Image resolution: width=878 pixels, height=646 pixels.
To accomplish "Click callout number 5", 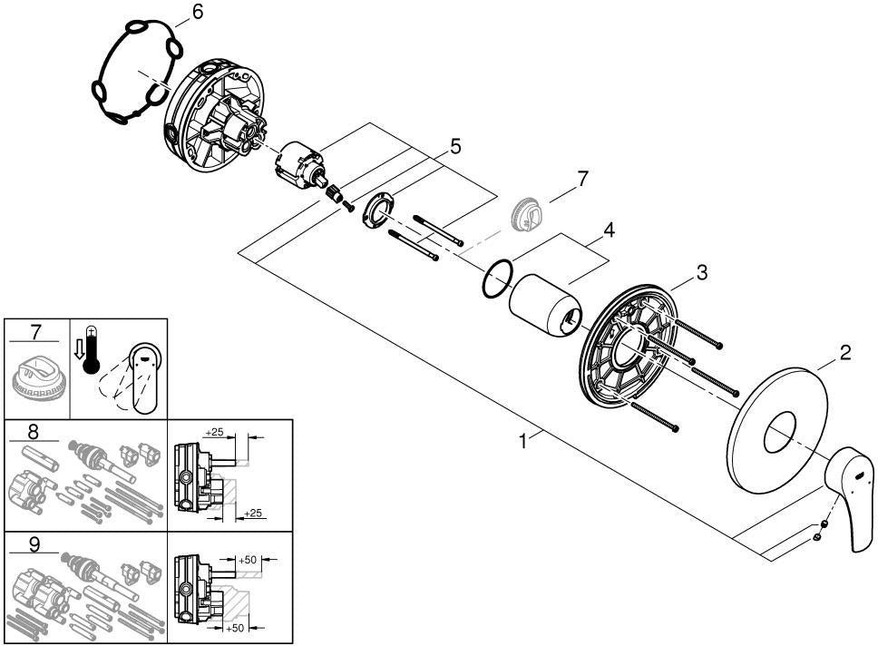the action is pos(455,147).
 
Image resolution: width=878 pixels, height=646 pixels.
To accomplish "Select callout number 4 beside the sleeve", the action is pos(609,230).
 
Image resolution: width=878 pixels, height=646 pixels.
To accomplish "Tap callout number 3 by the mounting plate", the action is pos(702,272).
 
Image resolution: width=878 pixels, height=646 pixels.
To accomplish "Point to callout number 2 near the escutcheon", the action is pos(845,352).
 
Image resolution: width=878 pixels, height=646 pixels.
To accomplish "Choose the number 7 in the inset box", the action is pos(36,332).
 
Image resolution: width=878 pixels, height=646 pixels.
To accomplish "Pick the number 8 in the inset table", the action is pos(34,432).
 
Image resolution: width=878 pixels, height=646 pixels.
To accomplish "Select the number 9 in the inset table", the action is pos(34,544).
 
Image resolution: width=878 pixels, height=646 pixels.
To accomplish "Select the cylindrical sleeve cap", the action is pos(545,304).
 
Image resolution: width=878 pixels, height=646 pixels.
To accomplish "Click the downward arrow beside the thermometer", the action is pos(79,349).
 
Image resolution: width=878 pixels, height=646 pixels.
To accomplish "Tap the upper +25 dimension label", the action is pos(214,432).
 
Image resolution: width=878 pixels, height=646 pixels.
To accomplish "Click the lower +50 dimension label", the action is pos(234,628).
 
